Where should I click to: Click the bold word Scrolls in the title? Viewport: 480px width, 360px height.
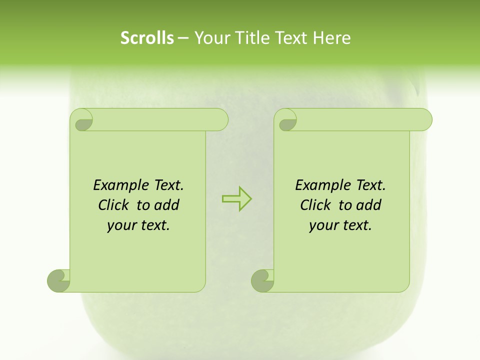tap(147, 38)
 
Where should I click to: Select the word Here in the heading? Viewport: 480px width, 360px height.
tap(332, 38)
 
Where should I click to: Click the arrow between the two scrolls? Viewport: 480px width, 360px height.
tap(236, 198)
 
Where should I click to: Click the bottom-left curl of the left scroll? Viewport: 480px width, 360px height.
tap(58, 280)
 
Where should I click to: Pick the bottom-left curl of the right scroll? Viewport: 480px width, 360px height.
tap(262, 280)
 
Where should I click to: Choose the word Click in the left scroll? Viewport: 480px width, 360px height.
tap(115, 205)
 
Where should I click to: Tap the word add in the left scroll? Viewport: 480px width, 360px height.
tap(167, 205)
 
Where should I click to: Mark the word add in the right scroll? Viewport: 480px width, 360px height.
tap(369, 205)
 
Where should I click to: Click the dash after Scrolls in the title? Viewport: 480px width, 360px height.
tap(183, 38)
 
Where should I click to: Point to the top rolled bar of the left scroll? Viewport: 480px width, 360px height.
tap(160, 120)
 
